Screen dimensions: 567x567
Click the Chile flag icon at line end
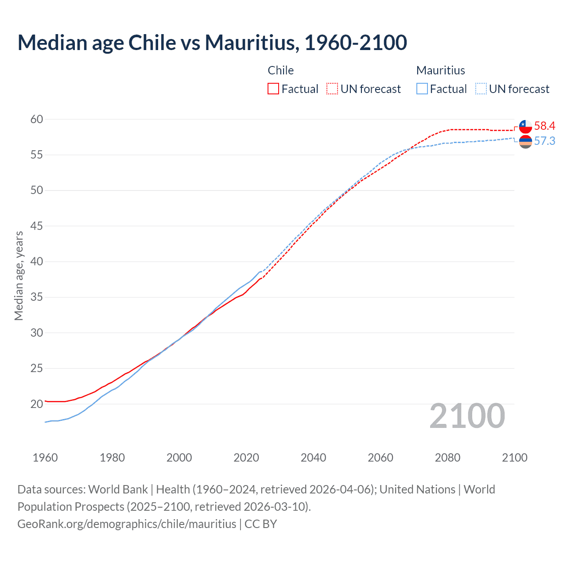pos(525,127)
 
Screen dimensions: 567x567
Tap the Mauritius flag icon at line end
pos(525,142)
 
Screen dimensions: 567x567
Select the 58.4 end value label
pos(544,126)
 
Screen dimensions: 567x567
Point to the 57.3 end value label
pos(544,141)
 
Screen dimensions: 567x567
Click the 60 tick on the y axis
pos(37,119)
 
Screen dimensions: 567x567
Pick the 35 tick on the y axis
pos(37,297)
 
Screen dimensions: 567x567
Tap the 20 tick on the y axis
pos(37,404)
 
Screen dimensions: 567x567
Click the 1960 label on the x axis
pos(45,458)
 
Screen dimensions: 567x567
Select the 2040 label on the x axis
pos(313,458)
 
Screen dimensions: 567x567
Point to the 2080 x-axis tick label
pos(447,458)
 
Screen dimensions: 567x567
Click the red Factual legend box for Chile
pos(273,89)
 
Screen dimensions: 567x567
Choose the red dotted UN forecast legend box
pos(332,89)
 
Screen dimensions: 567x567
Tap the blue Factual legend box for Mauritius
pos(422,89)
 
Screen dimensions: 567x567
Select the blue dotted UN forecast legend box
pos(481,89)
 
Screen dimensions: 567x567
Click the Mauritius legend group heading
pos(441,70)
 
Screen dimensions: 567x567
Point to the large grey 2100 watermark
pos(467,416)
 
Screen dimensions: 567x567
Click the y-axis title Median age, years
pos(19,276)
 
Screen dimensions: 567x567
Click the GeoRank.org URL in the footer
pos(127,524)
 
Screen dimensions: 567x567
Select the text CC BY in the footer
pos(261,524)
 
